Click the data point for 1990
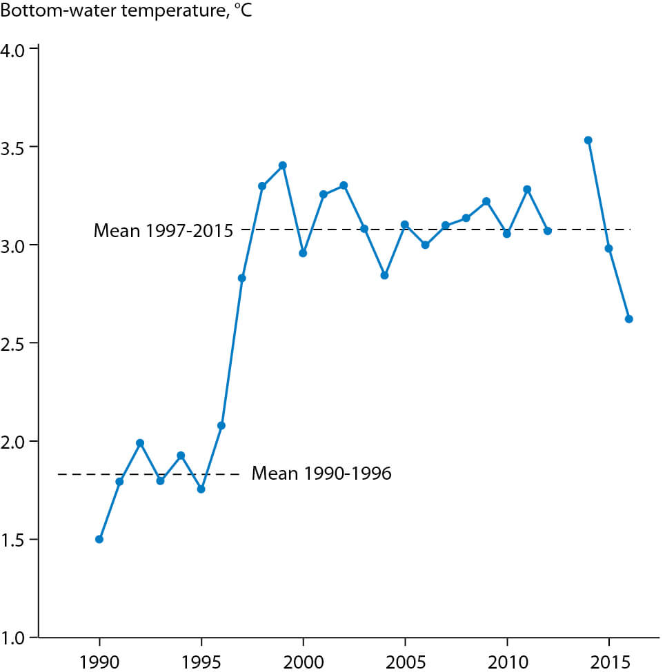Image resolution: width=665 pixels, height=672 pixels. point(99,539)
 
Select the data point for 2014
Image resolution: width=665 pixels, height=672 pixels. point(588,140)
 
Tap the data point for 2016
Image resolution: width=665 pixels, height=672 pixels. point(629,319)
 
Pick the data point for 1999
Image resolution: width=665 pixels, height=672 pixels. point(283,165)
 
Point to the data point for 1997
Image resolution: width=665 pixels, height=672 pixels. point(242,278)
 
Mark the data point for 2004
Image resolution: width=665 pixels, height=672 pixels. point(385,275)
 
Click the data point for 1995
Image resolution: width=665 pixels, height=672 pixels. point(201,489)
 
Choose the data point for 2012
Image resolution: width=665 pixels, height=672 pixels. point(548,231)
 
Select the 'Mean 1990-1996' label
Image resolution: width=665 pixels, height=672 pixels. point(321,474)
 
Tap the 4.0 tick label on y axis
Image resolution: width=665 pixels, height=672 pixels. point(14,50)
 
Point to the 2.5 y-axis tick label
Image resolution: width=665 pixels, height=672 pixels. point(14,344)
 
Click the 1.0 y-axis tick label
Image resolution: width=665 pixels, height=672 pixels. point(14,637)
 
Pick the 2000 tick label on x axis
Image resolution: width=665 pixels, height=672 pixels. point(303,660)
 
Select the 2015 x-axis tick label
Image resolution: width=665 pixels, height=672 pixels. point(608,660)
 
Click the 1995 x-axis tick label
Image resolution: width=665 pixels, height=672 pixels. point(201,660)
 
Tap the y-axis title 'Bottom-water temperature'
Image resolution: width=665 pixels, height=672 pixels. point(125,12)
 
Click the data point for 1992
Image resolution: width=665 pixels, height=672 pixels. point(140,443)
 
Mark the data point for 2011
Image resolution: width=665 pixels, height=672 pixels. point(527,189)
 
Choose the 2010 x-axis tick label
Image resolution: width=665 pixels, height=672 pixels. point(507,660)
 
